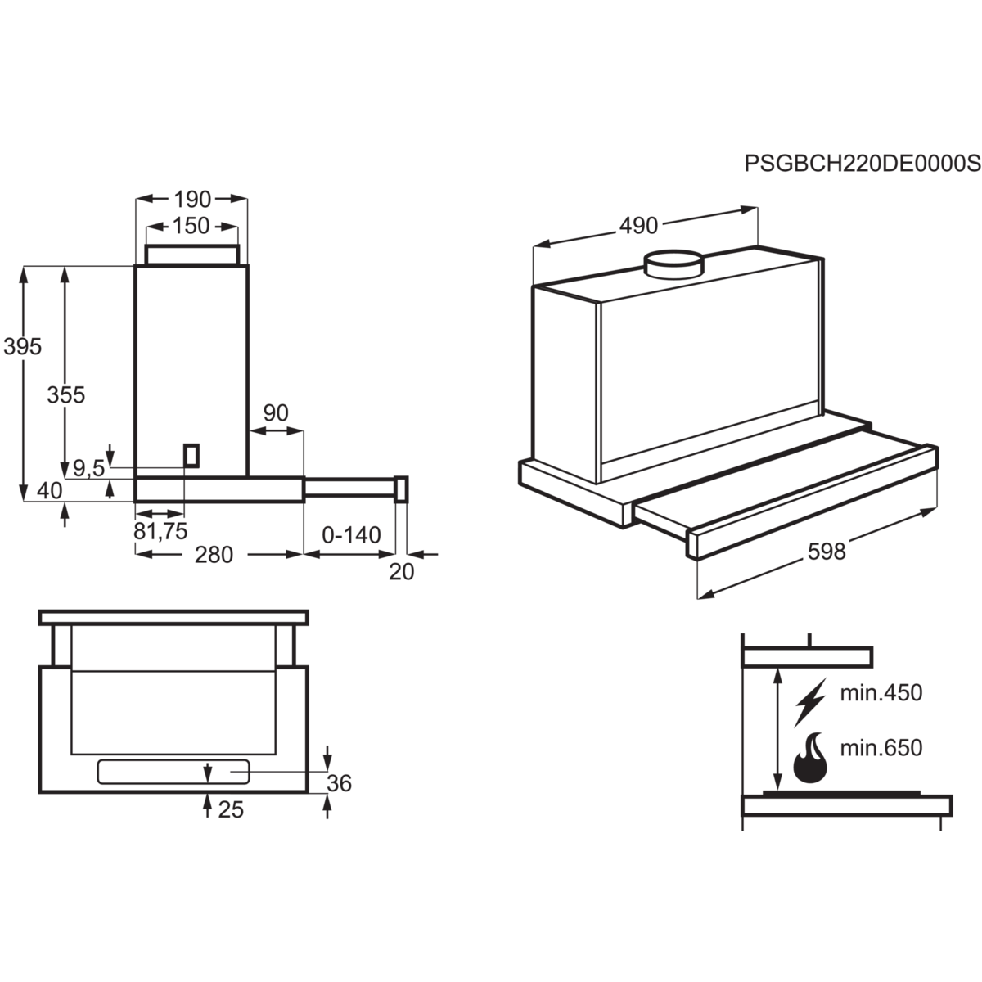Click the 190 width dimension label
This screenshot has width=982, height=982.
192,199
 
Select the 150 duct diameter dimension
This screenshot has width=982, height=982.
192,225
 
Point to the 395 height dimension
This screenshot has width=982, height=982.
22,347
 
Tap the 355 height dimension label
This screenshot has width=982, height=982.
65,394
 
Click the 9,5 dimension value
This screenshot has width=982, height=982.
88,469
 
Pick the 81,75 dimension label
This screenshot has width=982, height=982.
160,531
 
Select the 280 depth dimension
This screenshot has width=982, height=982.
214,555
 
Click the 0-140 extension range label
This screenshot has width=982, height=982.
351,535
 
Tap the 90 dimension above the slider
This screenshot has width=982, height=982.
276,413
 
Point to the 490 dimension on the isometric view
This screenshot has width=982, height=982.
639,225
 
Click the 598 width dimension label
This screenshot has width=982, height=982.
826,552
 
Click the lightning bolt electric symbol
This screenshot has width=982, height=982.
809,701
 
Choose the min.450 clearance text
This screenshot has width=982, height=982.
881,693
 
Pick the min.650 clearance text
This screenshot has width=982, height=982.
881,747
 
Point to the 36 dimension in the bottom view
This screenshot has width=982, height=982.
339,783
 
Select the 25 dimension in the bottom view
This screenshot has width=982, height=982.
231,809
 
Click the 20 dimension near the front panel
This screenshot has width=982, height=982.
401,571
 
